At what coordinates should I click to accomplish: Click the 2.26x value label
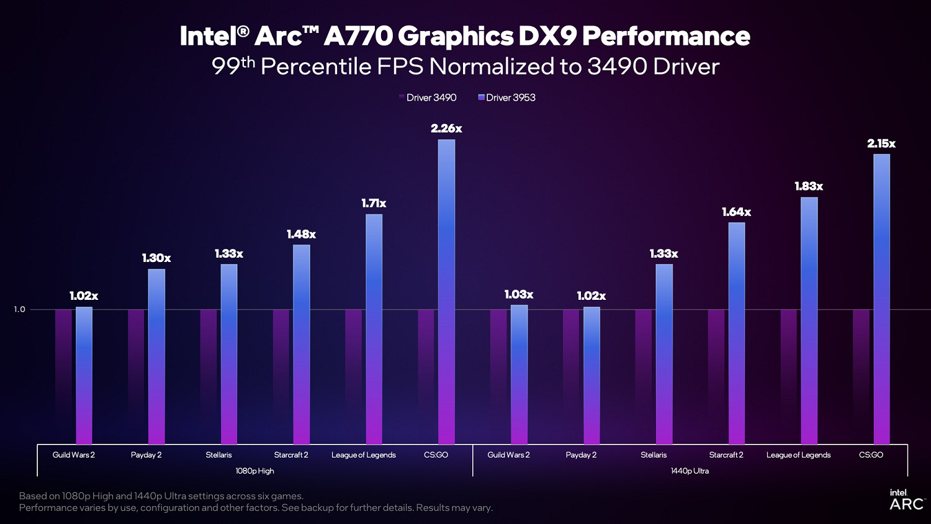446,129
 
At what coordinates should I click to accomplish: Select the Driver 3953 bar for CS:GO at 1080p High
446,292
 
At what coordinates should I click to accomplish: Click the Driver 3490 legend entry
428,97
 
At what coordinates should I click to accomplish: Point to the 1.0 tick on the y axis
20,309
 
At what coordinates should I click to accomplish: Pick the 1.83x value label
809,186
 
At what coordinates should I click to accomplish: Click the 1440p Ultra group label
690,471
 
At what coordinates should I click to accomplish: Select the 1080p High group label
254,471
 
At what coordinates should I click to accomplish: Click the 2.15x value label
881,143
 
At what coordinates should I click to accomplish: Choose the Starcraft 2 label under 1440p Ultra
726,455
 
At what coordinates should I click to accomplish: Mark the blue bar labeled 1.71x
374,329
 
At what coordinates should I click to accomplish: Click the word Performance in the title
666,36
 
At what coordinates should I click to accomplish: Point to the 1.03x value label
519,294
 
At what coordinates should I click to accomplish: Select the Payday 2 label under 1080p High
146,455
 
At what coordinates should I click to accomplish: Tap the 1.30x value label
156,258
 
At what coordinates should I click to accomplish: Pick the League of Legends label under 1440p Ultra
798,455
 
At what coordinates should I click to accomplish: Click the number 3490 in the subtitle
617,66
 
